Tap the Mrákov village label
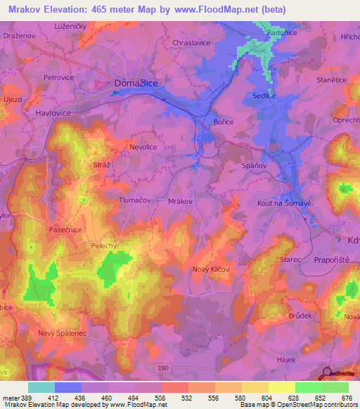pos(181,201)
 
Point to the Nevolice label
pos(145,148)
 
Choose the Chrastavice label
pos(191,42)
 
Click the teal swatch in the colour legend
pos(41,387)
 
